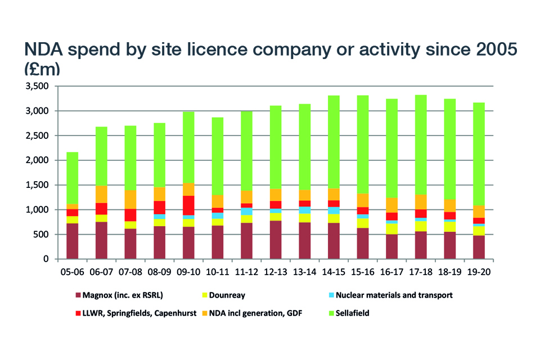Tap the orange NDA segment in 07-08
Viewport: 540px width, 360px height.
point(130,199)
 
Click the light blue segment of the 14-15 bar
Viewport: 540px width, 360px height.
point(334,210)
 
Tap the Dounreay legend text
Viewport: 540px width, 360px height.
point(228,295)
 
